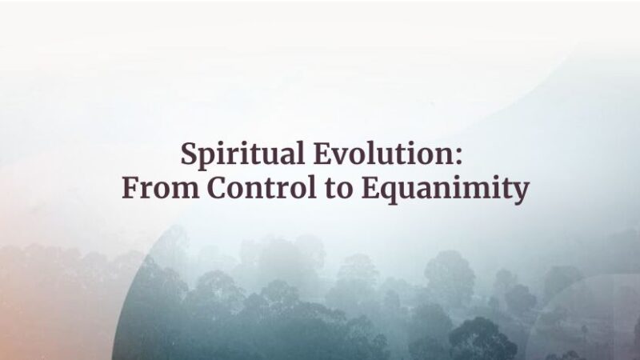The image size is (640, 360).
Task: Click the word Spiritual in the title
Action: [243, 154]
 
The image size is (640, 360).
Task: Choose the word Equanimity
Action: [446, 189]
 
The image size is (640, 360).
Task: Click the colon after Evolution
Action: [458, 156]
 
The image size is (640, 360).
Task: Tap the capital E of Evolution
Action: [322, 153]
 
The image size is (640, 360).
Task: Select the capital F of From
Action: [130, 188]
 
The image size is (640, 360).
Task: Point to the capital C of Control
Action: [218, 188]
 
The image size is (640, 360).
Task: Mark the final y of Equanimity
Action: [520, 193]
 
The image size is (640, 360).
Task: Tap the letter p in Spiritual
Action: [210, 158]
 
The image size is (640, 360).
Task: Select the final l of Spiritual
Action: [301, 153]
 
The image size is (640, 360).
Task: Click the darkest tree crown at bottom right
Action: [482, 338]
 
